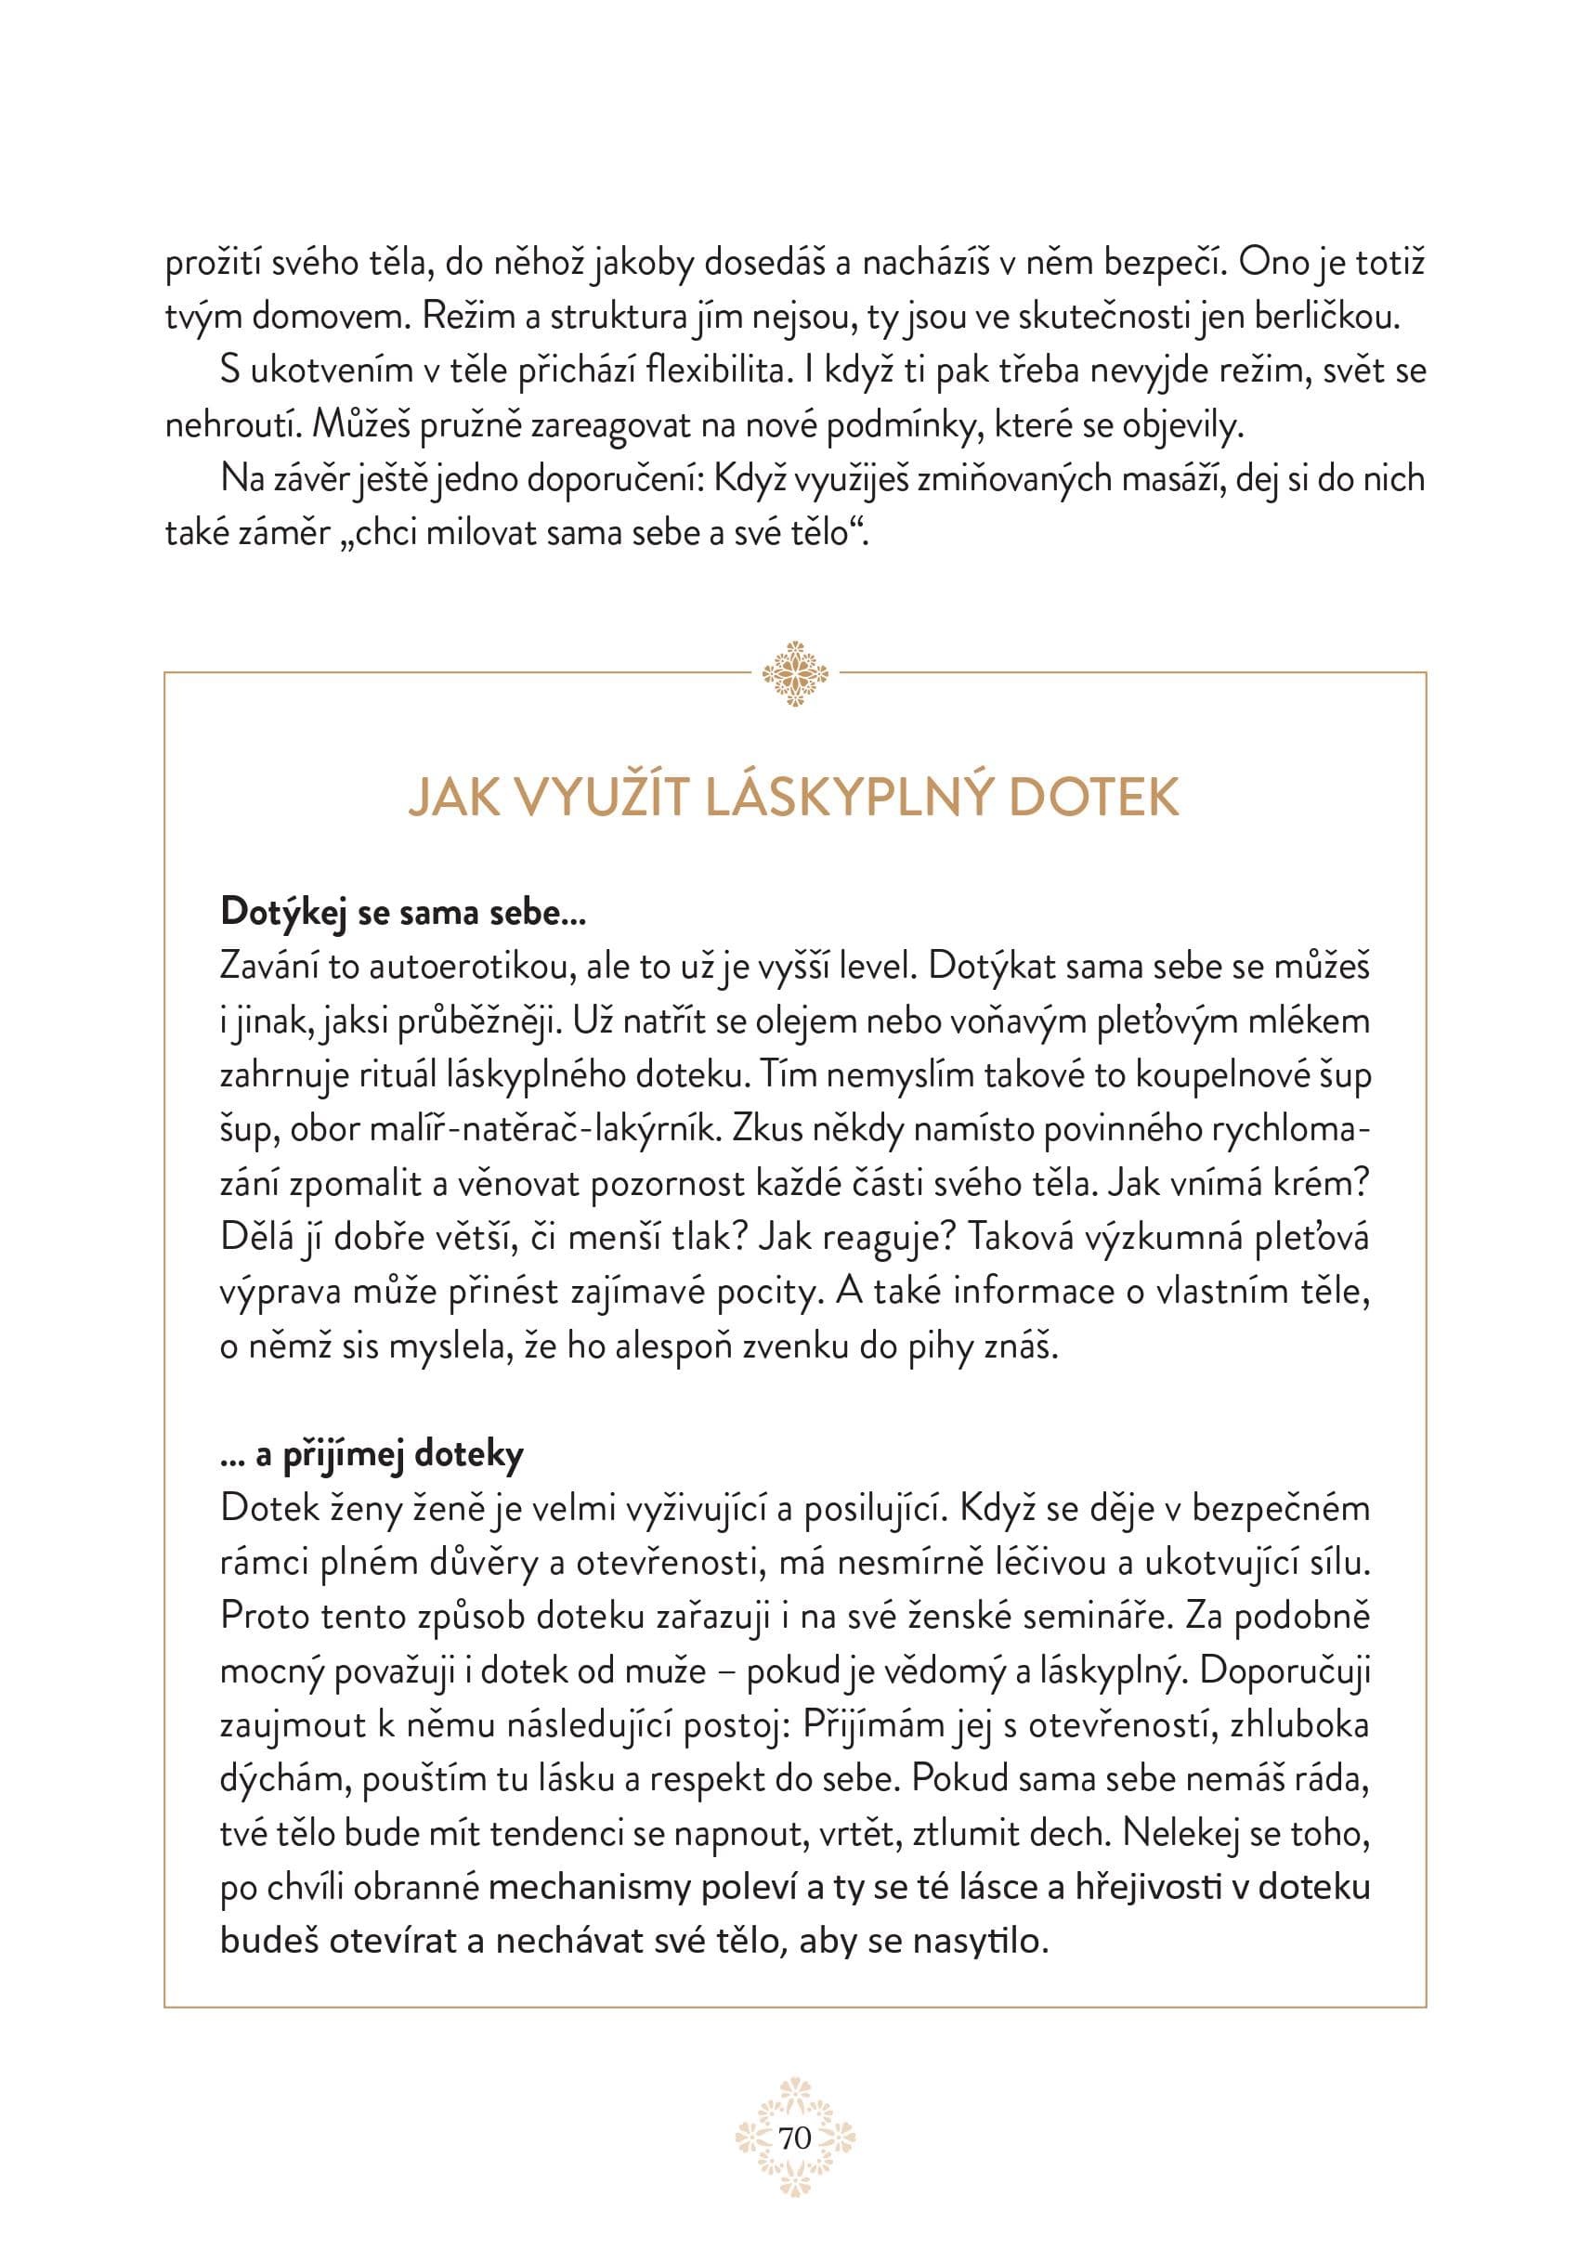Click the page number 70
794,2138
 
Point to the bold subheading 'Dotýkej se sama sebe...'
403,912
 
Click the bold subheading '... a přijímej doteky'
372,1454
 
